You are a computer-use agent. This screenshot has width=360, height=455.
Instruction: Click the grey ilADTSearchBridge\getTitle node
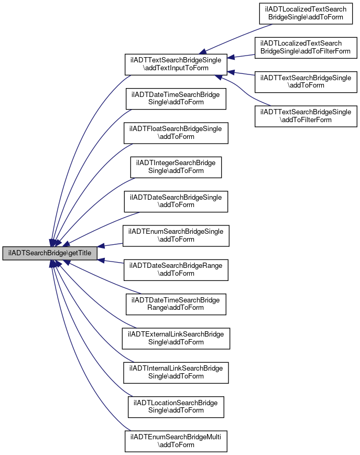click(50, 253)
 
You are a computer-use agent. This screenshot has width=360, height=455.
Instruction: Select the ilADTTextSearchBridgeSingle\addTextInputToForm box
click(176, 64)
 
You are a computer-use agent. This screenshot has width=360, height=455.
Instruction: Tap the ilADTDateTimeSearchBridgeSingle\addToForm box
click(176, 99)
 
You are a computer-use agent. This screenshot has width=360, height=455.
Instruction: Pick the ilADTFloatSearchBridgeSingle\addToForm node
click(176, 133)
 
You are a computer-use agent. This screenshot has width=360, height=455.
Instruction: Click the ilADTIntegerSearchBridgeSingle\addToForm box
click(176, 167)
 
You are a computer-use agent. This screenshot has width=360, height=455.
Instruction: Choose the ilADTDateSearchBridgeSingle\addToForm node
click(176, 201)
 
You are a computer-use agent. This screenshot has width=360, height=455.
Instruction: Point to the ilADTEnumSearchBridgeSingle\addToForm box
click(176, 236)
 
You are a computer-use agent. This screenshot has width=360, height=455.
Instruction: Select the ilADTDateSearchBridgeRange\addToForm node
click(176, 270)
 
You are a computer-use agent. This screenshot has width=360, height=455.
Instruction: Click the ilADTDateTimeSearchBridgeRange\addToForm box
click(176, 304)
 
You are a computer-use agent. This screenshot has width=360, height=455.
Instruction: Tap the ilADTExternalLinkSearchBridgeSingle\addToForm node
click(176, 338)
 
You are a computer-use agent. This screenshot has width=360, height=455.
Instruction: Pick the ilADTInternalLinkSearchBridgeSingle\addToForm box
click(176, 373)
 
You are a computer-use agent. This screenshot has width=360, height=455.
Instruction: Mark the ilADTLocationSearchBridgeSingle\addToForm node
click(176, 407)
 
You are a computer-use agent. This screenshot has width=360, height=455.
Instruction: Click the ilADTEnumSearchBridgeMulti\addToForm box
click(176, 441)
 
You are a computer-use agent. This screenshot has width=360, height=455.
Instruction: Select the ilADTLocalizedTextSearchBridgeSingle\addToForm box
click(306, 13)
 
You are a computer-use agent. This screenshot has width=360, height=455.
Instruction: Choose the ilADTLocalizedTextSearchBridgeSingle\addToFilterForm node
click(306, 48)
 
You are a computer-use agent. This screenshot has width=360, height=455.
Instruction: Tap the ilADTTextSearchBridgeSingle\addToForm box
click(306, 82)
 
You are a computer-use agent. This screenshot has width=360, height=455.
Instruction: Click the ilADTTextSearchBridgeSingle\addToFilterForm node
click(306, 116)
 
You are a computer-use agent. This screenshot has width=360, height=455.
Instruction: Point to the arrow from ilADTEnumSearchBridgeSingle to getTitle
click(110, 245)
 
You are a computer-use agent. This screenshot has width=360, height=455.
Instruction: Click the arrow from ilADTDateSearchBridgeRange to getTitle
click(111, 262)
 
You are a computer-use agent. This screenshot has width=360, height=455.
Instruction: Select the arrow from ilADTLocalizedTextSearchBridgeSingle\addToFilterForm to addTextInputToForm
click(241, 56)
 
